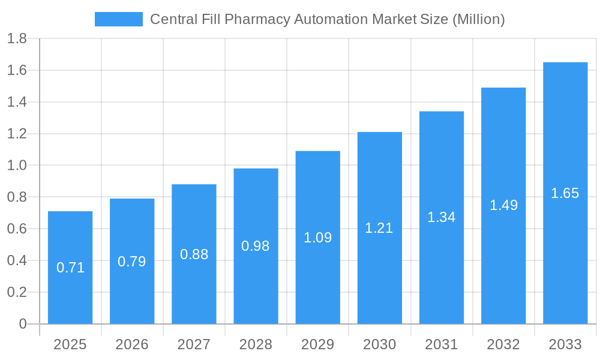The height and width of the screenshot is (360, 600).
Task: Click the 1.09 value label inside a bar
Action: point(317,238)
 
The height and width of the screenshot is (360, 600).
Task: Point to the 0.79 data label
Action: point(132,262)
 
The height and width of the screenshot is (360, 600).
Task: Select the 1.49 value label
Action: point(503,205)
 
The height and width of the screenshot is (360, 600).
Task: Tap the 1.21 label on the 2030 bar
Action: point(379,228)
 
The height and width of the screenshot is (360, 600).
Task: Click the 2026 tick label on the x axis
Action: point(132,344)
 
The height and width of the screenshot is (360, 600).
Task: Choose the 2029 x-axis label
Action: point(317,344)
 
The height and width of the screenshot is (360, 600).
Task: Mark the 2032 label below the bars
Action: point(503,344)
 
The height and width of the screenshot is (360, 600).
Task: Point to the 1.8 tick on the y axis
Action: point(17,39)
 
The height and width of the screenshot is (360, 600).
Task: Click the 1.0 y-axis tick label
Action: point(17,166)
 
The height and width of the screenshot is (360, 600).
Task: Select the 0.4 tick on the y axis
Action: point(17,260)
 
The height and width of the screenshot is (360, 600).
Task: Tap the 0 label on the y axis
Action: point(23,324)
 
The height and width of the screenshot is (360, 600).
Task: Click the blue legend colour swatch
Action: point(118,19)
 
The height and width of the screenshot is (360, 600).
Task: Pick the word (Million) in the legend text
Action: point(478,19)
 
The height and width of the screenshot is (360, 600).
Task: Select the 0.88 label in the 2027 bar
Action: point(194,254)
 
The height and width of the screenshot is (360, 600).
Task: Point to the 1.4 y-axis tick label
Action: point(17,103)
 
